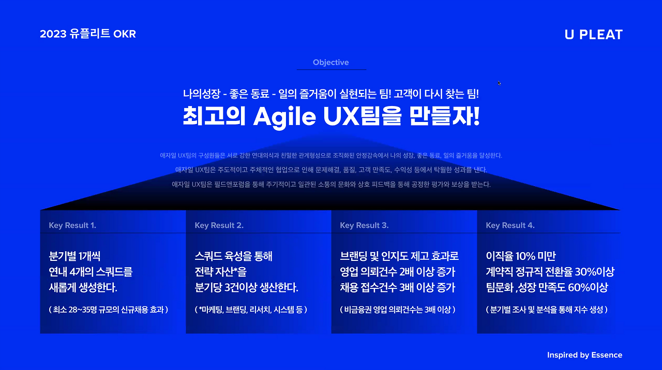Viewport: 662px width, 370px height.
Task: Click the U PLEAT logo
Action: [594, 35]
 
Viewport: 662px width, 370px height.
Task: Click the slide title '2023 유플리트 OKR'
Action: [88, 34]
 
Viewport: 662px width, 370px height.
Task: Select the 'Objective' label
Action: [331, 63]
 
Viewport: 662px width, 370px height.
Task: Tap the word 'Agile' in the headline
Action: [284, 117]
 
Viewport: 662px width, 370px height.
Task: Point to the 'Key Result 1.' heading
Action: [72, 225]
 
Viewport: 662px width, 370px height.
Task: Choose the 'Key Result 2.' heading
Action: [219, 225]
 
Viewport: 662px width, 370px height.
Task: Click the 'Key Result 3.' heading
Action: [364, 225]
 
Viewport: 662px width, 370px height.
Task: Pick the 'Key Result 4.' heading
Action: [510, 225]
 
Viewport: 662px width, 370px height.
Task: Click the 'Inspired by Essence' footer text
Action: [584, 355]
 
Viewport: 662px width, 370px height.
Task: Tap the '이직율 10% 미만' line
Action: [521, 256]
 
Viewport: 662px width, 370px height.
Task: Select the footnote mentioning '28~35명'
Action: [109, 310]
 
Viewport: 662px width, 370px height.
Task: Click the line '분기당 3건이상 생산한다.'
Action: [247, 287]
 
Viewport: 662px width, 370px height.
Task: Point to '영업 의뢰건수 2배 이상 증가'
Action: [398, 272]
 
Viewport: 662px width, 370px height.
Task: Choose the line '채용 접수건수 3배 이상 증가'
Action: [398, 287]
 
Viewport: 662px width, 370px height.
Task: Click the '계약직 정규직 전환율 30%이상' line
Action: [550, 272]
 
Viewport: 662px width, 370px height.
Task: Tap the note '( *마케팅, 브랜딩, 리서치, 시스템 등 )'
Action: [251, 310]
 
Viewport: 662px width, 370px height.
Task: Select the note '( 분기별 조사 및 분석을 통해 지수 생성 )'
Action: [547, 310]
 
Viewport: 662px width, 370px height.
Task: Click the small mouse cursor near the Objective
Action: [499, 83]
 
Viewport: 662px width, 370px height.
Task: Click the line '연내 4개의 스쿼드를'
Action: [91, 272]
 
